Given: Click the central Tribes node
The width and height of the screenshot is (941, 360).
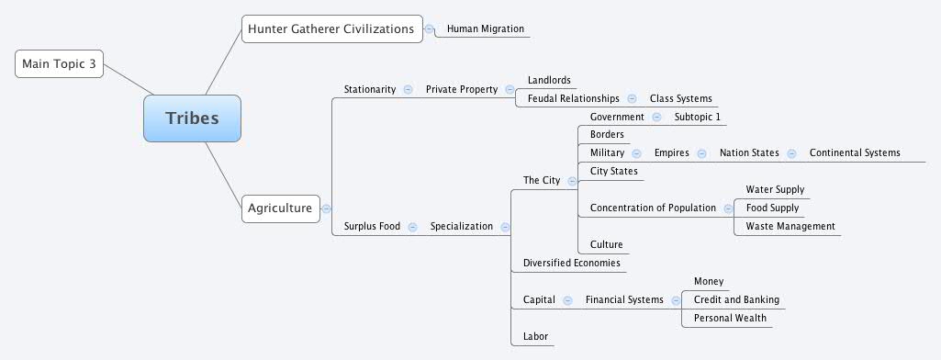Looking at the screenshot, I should point(192,118).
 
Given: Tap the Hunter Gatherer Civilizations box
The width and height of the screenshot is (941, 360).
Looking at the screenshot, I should point(331,28).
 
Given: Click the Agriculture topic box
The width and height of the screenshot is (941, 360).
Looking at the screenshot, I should point(280,208).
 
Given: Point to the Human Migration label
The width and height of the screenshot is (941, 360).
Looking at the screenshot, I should point(485,28).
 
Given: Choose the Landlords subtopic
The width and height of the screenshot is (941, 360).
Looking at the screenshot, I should point(549,80).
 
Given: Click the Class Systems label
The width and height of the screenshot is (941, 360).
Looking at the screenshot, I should point(680,98).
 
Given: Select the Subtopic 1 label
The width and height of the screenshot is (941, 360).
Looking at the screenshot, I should point(698,117).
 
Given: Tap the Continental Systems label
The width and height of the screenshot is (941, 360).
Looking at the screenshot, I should point(855,152).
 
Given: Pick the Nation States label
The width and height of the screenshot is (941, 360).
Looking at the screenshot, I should point(749,152).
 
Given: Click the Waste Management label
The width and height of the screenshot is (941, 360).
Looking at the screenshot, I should point(790,226).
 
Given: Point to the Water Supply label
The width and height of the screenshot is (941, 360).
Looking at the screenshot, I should point(775,189).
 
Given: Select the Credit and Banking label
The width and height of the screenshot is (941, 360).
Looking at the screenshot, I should point(736,299).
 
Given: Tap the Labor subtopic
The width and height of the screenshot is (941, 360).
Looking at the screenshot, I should point(535,336).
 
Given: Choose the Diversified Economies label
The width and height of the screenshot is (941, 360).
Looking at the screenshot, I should point(571,263).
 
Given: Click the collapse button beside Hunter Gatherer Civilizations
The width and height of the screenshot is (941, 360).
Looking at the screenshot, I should point(430,28).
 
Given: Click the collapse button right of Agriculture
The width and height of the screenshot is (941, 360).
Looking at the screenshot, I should point(326,208).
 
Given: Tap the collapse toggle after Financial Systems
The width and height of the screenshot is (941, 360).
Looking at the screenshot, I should point(676,299).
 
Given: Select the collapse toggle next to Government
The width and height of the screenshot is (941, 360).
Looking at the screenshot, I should point(656,117).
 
